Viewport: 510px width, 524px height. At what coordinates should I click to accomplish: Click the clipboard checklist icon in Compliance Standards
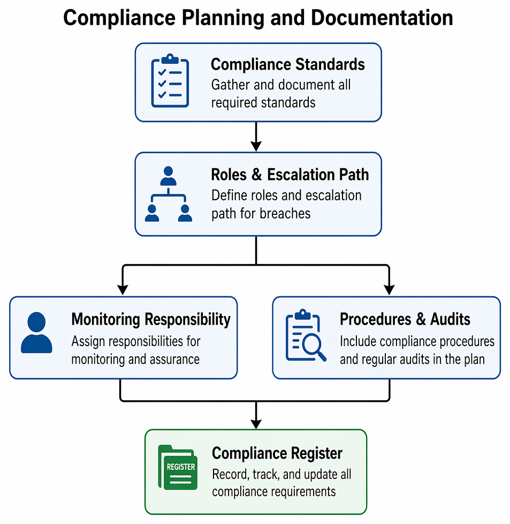pyautogui.click(x=170, y=80)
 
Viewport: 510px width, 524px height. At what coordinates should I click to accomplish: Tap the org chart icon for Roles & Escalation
pyautogui.click(x=168, y=194)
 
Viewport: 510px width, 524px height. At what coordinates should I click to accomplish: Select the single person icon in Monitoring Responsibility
pyautogui.click(x=36, y=333)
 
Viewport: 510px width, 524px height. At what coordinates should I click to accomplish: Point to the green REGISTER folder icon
pyautogui.click(x=178, y=467)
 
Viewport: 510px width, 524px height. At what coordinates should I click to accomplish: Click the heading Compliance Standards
pyautogui.click(x=288, y=64)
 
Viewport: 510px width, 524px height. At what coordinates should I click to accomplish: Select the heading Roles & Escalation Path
pyautogui.click(x=290, y=175)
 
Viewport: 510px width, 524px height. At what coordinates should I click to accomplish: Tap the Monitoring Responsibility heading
pyautogui.click(x=151, y=319)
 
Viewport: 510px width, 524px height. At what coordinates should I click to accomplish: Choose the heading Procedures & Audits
pyautogui.click(x=405, y=319)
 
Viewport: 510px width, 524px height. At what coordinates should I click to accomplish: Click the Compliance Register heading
pyautogui.click(x=277, y=453)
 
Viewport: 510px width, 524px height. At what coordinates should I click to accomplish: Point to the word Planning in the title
pyautogui.click(x=223, y=18)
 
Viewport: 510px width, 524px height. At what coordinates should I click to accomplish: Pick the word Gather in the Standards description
pyautogui.click(x=231, y=85)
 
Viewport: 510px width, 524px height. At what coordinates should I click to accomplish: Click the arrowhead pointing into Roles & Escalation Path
pyautogui.click(x=256, y=146)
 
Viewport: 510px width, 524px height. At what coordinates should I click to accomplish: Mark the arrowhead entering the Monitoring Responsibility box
pyautogui.click(x=123, y=290)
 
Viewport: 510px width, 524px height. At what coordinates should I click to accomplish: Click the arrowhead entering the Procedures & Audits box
pyautogui.click(x=389, y=290)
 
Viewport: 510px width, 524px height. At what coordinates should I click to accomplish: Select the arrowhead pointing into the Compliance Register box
pyautogui.click(x=256, y=424)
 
